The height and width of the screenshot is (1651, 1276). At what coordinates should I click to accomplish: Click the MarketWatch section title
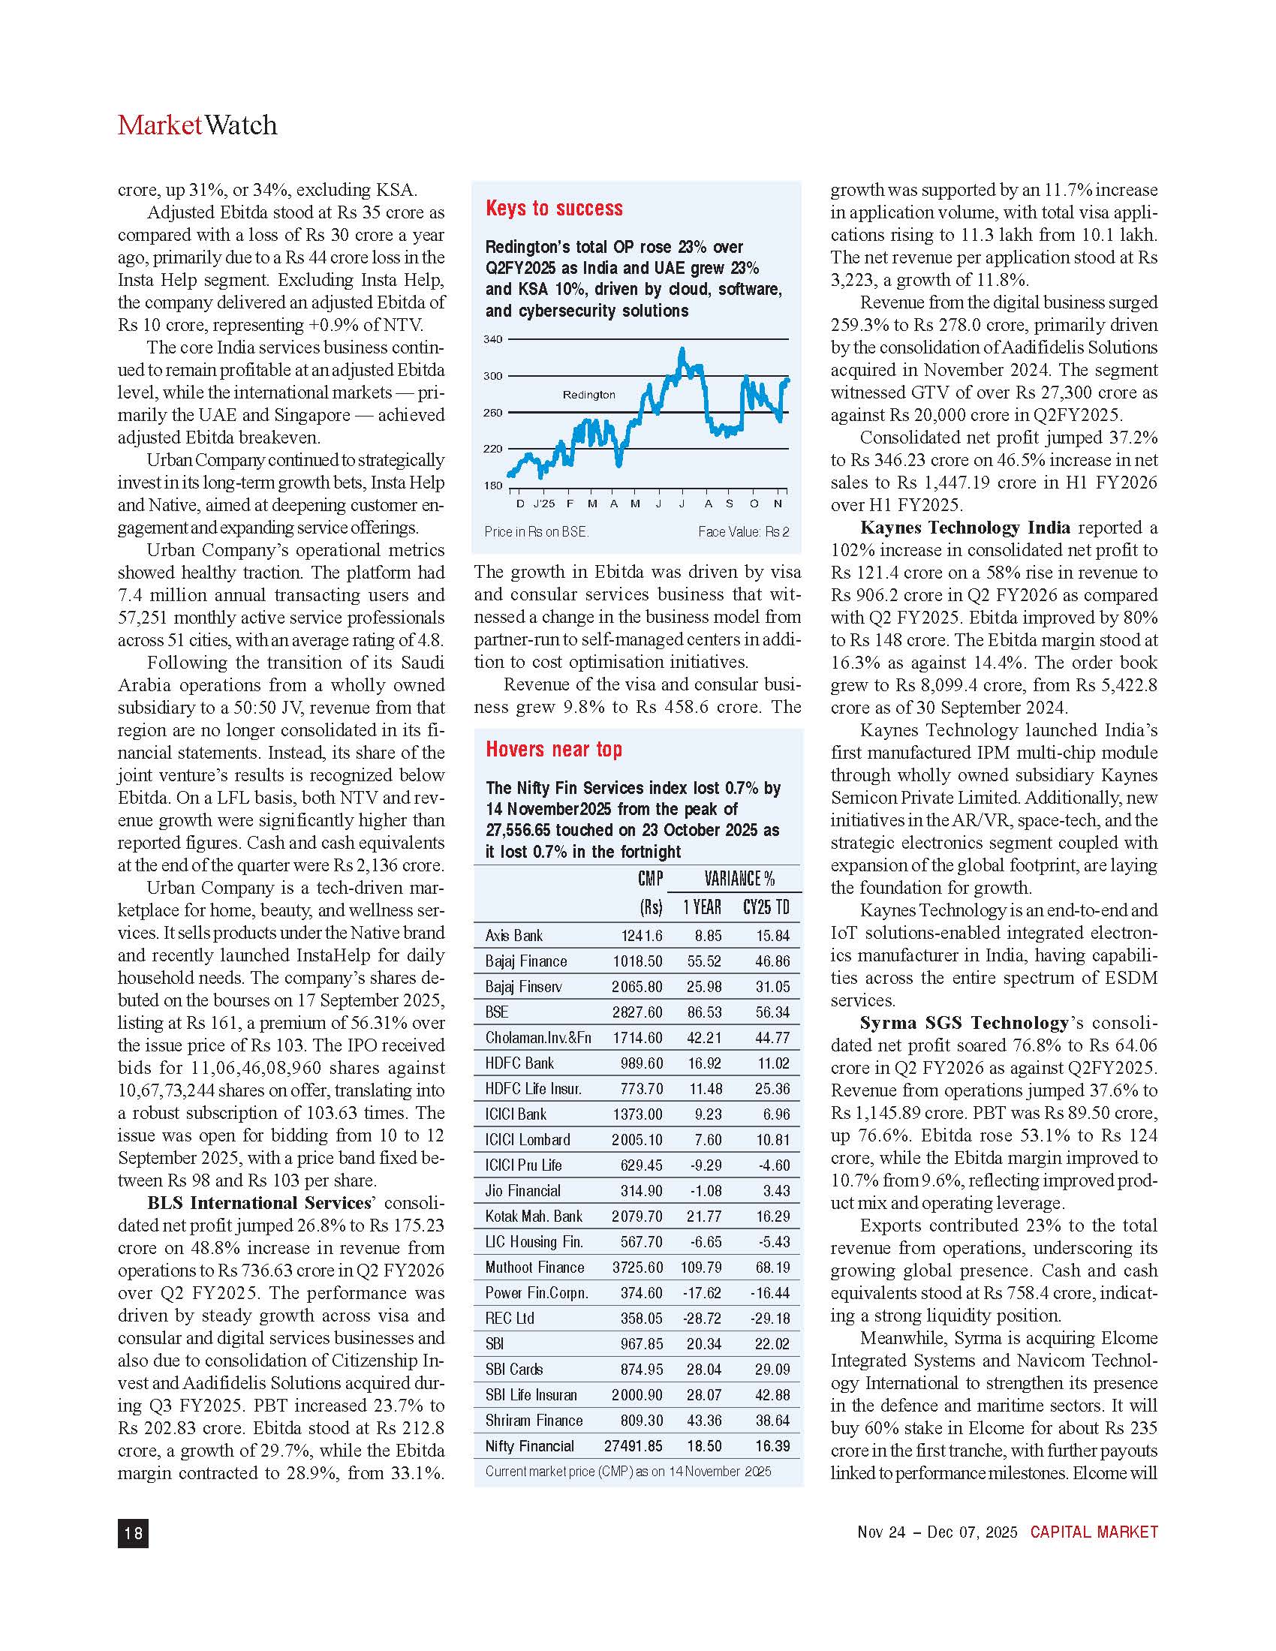click(197, 125)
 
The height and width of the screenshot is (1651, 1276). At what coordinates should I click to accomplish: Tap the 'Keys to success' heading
click(554, 209)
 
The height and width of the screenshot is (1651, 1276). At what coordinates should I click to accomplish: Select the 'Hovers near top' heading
click(553, 749)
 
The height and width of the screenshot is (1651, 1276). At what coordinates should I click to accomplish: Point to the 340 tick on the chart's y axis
click(493, 339)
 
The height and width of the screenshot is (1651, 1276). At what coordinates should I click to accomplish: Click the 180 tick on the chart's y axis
click(493, 486)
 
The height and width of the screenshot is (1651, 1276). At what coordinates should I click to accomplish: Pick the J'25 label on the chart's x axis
click(543, 504)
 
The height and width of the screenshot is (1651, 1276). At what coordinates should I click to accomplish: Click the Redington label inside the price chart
click(589, 395)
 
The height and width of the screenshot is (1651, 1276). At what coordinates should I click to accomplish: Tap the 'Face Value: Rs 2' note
click(743, 532)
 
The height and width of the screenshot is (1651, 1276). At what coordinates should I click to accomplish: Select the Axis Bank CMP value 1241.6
click(642, 936)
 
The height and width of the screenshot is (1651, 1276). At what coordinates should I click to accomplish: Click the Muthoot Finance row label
click(534, 1268)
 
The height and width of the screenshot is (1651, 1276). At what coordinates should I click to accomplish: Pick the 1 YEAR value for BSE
click(704, 1012)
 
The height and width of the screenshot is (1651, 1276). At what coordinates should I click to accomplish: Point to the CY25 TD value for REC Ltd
click(770, 1319)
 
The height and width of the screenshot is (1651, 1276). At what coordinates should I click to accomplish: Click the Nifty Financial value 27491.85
click(633, 1446)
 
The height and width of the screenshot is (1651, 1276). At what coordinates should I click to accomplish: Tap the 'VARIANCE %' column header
click(739, 879)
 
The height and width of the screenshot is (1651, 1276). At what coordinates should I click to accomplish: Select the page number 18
click(133, 1532)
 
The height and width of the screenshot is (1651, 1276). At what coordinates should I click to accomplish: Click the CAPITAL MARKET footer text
click(1094, 1532)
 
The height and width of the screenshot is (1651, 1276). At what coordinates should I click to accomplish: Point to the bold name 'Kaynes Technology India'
click(965, 528)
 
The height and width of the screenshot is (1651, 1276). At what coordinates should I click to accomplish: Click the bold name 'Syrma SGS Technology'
click(964, 1023)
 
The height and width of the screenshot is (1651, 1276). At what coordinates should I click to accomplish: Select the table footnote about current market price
click(628, 1471)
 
